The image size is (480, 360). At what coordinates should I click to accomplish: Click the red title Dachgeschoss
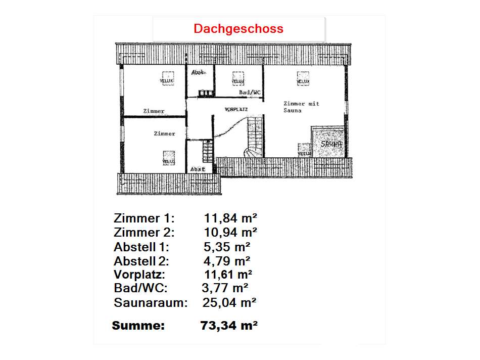click(238, 29)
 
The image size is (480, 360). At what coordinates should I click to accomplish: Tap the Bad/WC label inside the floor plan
click(250, 93)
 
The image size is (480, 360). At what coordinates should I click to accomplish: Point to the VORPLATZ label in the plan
click(236, 109)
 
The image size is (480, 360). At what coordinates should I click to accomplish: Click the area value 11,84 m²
click(231, 218)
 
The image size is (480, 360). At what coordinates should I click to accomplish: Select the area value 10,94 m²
click(231, 233)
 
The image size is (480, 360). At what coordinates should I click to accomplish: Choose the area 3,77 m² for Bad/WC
click(225, 289)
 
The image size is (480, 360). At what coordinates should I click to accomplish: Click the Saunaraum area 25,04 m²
click(230, 303)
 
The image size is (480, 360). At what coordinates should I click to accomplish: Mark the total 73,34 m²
click(229, 326)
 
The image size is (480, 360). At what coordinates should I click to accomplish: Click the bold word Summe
click(138, 326)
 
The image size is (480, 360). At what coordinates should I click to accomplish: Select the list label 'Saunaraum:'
click(151, 303)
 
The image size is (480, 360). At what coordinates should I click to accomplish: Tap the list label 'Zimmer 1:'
click(144, 218)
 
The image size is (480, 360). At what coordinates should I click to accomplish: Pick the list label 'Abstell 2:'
click(141, 261)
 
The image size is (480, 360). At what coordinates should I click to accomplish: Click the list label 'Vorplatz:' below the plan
click(139, 275)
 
